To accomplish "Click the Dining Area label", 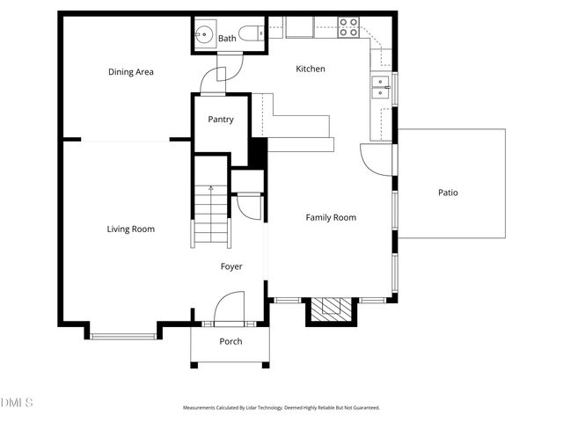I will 131,72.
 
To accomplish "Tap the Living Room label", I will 131,229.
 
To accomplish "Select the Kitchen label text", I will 311,69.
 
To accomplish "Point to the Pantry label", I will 221,120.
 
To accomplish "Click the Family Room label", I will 331,217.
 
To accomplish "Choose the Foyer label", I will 231,266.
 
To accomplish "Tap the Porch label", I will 230,341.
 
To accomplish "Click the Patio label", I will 449,193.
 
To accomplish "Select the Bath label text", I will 227,38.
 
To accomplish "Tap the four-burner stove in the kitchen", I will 348,26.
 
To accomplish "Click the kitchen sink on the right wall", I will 382,85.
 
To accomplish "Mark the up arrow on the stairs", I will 211,189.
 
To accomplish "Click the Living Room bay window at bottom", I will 123,335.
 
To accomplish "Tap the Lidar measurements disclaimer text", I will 281,408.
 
